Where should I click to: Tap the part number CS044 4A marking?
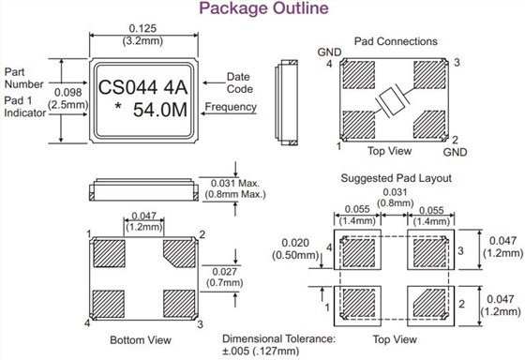pos(144,88)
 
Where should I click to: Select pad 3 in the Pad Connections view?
pos(431,75)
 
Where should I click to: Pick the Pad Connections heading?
pos(395,42)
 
